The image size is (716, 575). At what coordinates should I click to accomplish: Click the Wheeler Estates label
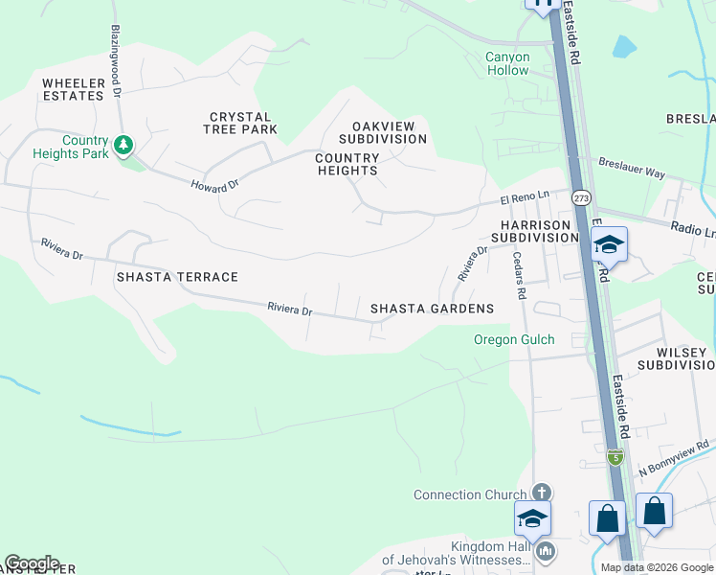(73, 90)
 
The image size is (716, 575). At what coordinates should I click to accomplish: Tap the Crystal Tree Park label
(243, 123)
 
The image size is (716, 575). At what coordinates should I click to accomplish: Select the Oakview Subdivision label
(389, 132)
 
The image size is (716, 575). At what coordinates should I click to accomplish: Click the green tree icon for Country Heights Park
(123, 146)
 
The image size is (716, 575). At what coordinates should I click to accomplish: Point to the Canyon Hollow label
(507, 63)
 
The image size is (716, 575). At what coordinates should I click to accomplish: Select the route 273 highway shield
(581, 197)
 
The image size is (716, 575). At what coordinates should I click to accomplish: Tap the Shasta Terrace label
(177, 277)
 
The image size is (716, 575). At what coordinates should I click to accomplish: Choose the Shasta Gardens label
(432, 309)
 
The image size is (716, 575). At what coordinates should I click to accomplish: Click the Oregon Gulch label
(514, 340)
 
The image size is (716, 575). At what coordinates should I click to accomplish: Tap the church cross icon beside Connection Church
(541, 493)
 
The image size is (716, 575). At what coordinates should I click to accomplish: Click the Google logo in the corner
(32, 563)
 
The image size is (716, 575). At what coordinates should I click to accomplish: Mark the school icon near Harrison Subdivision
(609, 245)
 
